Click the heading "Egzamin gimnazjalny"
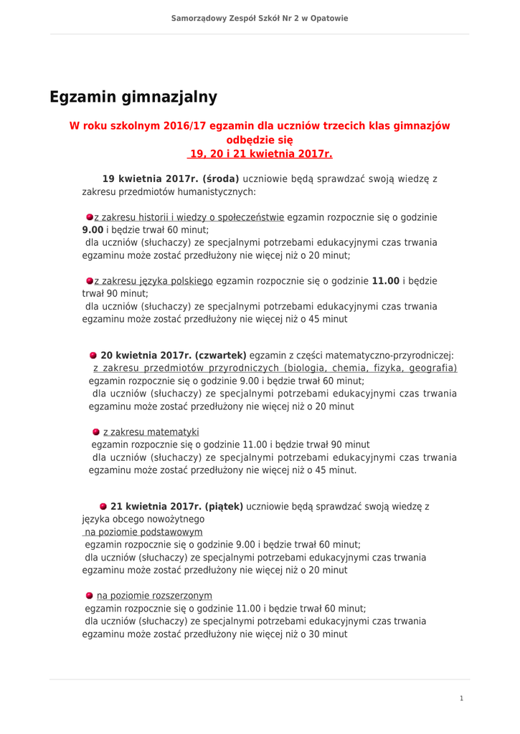133,97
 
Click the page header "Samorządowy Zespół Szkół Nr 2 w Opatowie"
260,18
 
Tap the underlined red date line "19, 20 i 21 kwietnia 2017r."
260,153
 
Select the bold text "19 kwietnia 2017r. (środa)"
171,178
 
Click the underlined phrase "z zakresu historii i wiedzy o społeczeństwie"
189,217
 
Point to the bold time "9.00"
93,230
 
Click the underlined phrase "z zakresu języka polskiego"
153,281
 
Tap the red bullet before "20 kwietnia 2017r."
93,355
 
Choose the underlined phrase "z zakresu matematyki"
151,432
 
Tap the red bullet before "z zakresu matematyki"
96,432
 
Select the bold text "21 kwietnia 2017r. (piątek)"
176,506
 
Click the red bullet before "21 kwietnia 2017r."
103,506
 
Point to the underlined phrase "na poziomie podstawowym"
143,532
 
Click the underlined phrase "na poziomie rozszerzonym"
154,596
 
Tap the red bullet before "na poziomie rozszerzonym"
90,596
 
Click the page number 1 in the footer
461,698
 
